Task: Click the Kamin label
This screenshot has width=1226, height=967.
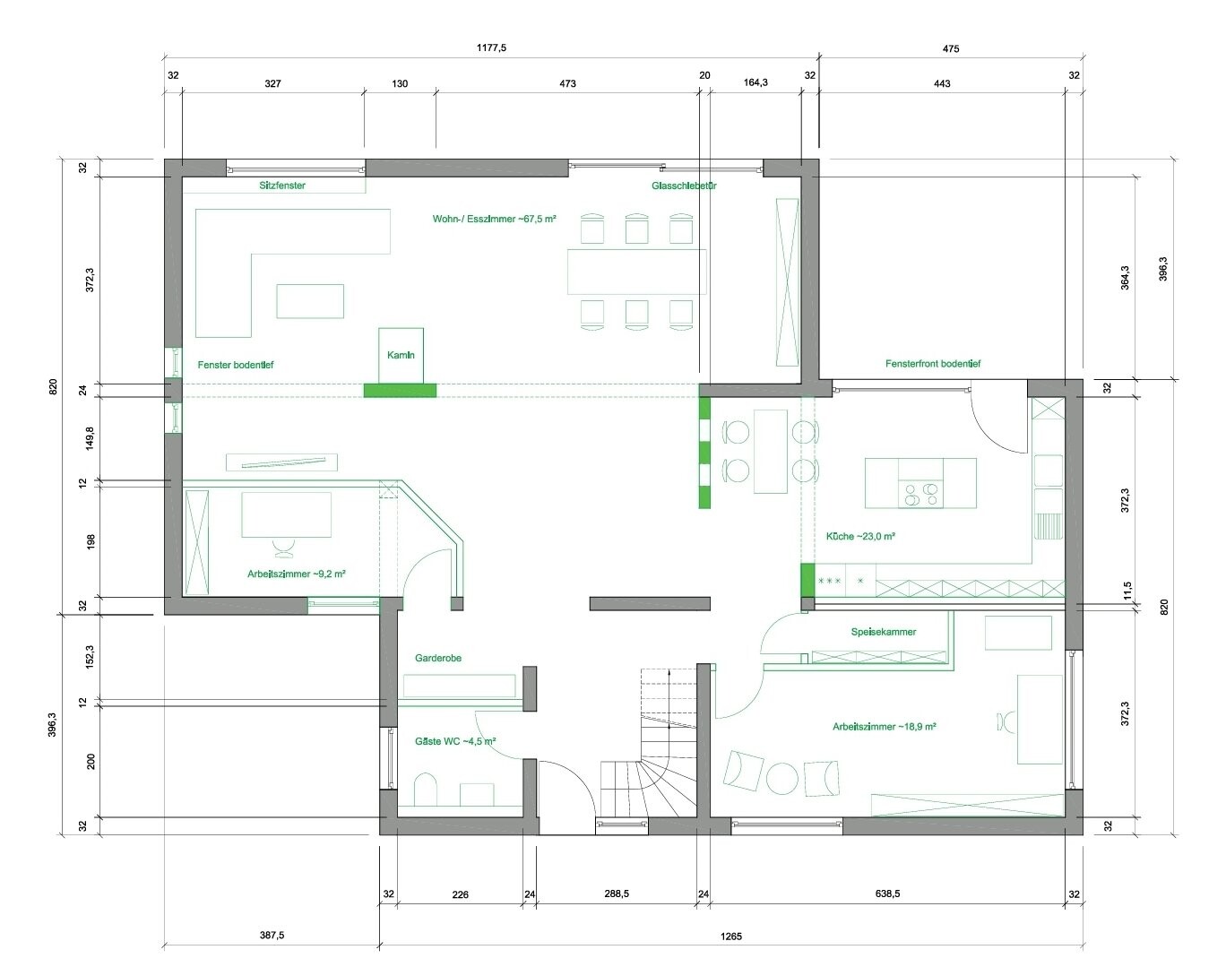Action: (x=401, y=355)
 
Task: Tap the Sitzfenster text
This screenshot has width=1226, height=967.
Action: (x=282, y=186)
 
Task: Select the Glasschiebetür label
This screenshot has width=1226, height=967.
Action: (x=684, y=186)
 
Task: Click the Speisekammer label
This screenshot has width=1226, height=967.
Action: (x=884, y=631)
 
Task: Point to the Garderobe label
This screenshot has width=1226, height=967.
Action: (x=438, y=658)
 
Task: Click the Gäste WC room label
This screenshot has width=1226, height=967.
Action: (x=455, y=741)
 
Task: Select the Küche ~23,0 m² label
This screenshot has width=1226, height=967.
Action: (x=860, y=536)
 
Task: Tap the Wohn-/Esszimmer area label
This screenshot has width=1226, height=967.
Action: (x=494, y=219)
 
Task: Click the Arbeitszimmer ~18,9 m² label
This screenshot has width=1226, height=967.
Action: (x=885, y=727)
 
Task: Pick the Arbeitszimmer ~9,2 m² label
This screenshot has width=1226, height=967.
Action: (x=297, y=574)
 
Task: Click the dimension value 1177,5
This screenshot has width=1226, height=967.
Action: (x=491, y=48)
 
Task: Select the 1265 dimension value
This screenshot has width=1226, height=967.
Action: (x=731, y=937)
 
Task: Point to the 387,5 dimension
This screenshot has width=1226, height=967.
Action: (x=272, y=935)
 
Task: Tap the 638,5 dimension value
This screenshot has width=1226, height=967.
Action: (x=887, y=894)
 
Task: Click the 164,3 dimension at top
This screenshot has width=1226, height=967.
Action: (x=755, y=82)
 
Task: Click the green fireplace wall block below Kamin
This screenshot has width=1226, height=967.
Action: (x=400, y=391)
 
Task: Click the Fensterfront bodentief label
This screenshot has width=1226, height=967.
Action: (x=933, y=364)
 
